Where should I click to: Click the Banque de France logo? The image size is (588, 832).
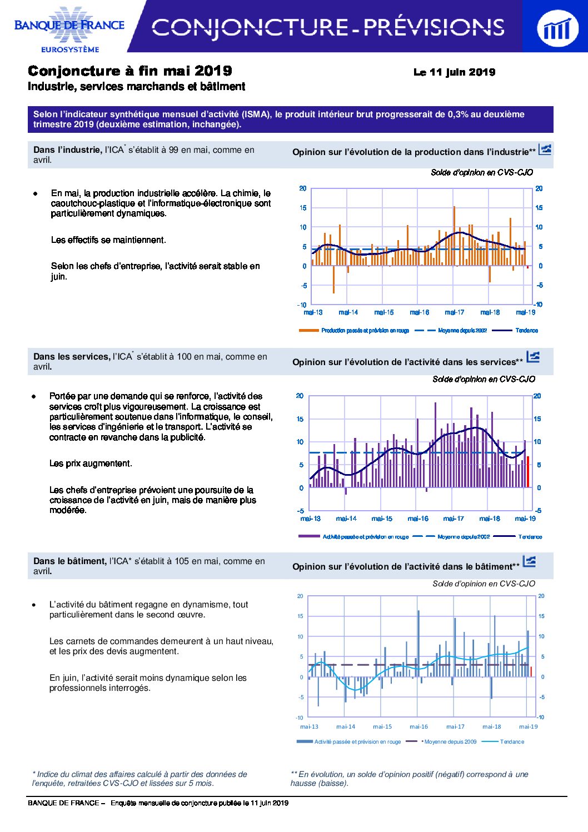tap(69, 28)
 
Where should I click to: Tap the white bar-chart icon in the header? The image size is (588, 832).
tap(557, 28)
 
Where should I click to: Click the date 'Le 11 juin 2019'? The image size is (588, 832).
tap(454, 72)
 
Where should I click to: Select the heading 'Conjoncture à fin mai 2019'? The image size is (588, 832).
tap(130, 71)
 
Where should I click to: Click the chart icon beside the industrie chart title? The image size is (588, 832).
tap(545, 150)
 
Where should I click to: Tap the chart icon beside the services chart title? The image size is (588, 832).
tap(533, 357)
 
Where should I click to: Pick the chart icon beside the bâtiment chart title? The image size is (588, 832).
tap(529, 561)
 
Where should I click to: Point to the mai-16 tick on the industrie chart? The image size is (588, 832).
tap(420, 312)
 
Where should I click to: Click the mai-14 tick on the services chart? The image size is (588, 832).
tap(346, 518)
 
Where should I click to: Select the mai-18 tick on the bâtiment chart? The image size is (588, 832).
tap(491, 726)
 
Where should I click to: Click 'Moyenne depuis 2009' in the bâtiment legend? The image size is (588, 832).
tap(450, 741)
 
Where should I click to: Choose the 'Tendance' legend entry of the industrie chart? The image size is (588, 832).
tap(527, 330)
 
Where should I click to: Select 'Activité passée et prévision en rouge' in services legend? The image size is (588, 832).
tap(366, 537)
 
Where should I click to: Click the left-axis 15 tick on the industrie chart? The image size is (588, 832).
tap(303, 208)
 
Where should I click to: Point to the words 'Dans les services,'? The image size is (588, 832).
tap(72, 357)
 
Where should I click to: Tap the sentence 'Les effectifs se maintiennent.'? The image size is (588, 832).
tap(108, 240)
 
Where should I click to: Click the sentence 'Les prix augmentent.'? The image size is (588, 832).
tap(91, 464)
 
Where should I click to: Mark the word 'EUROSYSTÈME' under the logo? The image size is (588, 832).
tap(70, 49)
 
